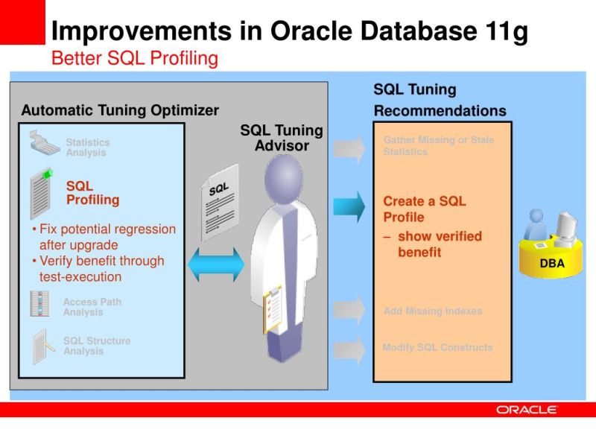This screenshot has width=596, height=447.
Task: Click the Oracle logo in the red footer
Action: coord(527,410)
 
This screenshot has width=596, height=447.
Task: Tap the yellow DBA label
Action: coord(552,264)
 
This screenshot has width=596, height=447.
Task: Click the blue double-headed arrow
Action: coord(216,264)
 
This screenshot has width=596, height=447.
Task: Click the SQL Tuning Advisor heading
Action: coord(282,138)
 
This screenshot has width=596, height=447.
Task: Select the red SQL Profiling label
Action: coord(92,193)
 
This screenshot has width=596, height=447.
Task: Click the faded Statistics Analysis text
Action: coord(87,148)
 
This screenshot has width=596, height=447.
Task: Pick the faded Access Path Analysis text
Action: coord(92,308)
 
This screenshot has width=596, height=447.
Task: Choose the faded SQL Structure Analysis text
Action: coord(96,346)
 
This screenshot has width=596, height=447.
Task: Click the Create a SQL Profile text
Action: coord(424,209)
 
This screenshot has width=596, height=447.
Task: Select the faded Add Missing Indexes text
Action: coord(432,311)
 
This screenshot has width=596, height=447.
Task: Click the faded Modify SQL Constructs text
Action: coord(437,348)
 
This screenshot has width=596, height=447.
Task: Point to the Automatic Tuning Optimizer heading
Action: coord(120,110)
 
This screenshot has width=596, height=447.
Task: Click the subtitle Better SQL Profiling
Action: coord(134,59)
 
